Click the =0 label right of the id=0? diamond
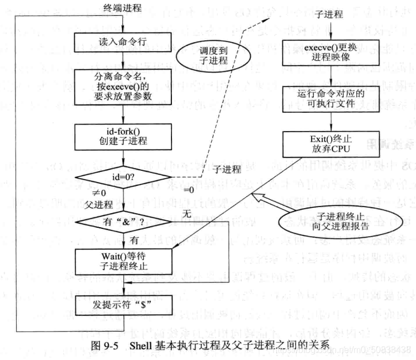[x=189, y=190]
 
